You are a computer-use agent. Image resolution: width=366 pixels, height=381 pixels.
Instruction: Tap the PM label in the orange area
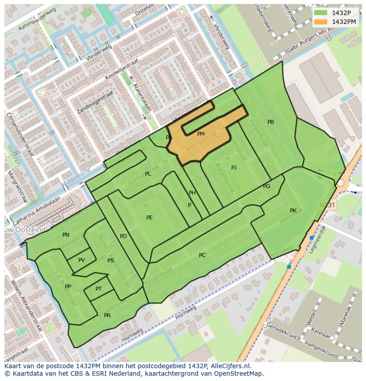point(201,134)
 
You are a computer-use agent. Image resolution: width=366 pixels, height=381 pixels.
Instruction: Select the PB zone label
point(271,122)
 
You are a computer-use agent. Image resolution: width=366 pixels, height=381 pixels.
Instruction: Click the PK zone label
point(293,211)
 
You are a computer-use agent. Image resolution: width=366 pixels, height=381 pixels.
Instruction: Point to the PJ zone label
point(234,168)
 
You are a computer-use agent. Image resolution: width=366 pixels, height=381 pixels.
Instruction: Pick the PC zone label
point(202,255)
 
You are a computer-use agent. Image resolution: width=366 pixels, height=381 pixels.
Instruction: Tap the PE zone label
point(149,218)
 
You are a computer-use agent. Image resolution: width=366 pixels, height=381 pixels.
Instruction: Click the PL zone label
point(148,174)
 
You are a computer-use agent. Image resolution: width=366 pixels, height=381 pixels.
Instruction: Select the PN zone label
point(66,235)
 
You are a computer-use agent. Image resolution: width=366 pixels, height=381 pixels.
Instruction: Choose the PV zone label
point(81,260)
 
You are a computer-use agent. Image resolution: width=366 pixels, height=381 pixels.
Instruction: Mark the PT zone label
point(99,289)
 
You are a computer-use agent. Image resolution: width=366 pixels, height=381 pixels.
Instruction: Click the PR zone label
point(107,316)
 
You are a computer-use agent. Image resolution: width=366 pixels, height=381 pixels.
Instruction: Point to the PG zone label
point(267,186)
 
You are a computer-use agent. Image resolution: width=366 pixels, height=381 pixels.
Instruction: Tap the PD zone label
point(123,236)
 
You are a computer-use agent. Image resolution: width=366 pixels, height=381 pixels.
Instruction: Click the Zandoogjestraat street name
point(95,102)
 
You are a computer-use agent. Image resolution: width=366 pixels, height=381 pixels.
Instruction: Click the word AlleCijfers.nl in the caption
point(229,366)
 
